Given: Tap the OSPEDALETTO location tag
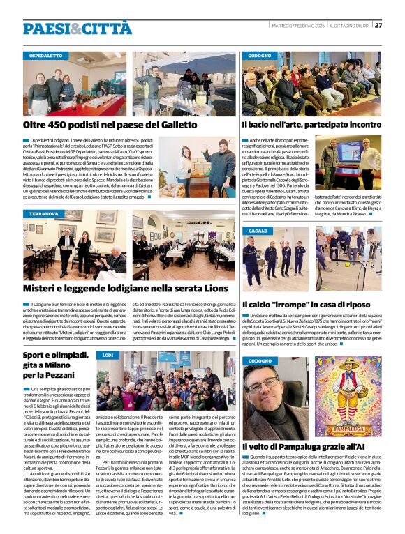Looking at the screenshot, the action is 45,55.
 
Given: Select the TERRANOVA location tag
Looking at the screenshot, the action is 44,213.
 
